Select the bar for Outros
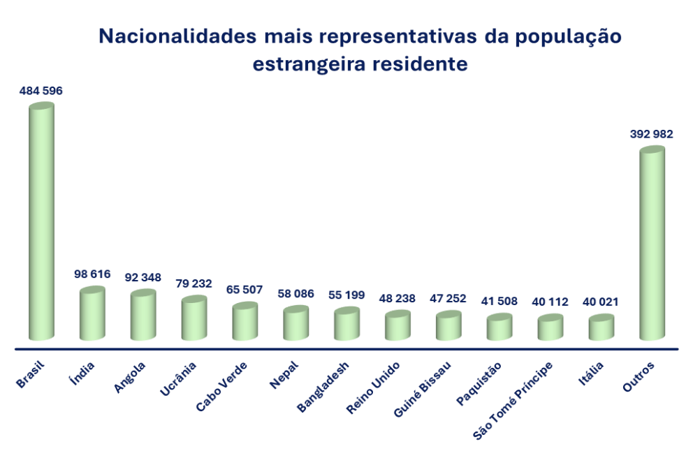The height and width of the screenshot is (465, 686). coord(652,244)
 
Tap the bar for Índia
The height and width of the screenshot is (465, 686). coord(92,314)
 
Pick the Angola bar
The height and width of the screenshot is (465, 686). coord(143,316)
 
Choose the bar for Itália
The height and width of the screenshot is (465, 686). coord(601,328)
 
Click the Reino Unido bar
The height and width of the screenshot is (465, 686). coord(397,326)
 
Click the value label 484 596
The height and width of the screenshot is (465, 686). coord(41,91)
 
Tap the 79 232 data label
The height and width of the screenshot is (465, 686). coord(194,283)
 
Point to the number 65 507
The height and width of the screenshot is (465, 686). coord(245,290)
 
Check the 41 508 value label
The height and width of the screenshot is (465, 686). coord(499,302)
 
